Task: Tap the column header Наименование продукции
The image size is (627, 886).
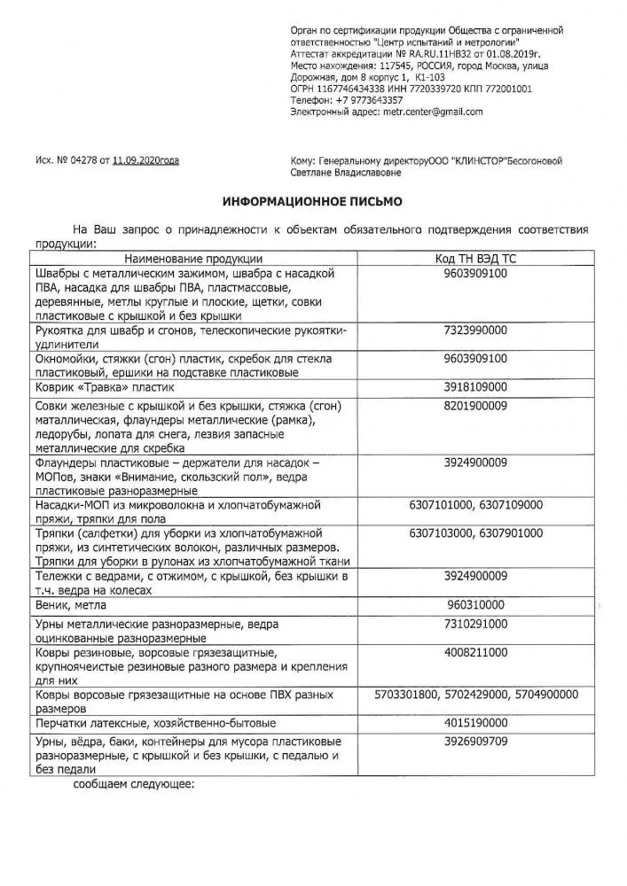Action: pyautogui.click(x=186, y=258)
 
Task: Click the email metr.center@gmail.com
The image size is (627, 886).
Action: pyautogui.click(x=433, y=113)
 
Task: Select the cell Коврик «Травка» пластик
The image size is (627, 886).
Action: pyautogui.click(x=105, y=387)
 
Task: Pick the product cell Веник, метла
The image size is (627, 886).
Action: pyautogui.click(x=70, y=605)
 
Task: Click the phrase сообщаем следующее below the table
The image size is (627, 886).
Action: pyautogui.click(x=133, y=784)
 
